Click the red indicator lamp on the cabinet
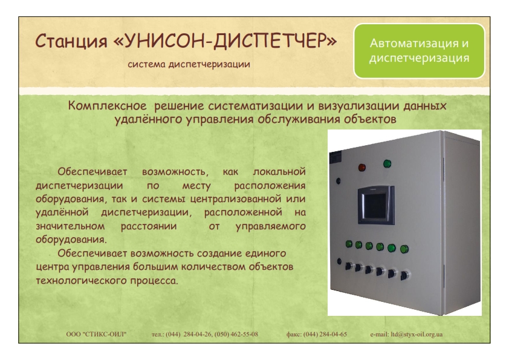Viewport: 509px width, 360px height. click(x=361, y=168)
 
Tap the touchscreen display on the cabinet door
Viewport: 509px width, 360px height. click(x=376, y=205)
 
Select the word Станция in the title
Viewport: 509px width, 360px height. click(x=71, y=42)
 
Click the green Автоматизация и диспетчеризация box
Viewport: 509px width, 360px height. click(x=419, y=51)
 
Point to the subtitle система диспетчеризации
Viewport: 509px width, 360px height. click(x=189, y=64)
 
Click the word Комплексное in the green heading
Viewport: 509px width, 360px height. click(x=108, y=106)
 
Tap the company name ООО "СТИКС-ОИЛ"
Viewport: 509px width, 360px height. click(x=96, y=334)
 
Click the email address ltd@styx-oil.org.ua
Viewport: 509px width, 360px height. click(x=417, y=334)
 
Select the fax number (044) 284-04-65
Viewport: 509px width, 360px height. click(x=325, y=334)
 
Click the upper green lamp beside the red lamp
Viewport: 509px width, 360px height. click(x=387, y=163)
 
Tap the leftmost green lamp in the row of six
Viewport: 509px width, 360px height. click(x=349, y=244)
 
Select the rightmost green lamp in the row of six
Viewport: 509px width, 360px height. click(x=404, y=249)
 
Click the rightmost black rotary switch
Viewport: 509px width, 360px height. click(x=404, y=276)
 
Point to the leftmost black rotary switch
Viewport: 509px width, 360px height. click(x=349, y=266)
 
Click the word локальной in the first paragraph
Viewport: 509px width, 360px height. click(x=279, y=172)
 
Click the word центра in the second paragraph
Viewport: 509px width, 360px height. click(x=53, y=267)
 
